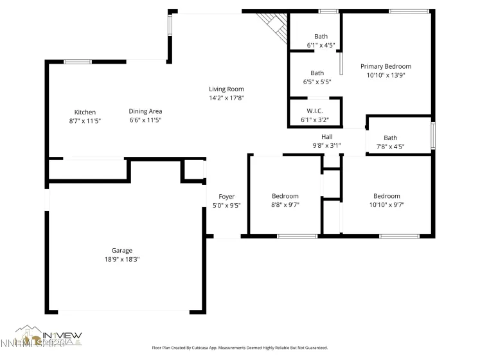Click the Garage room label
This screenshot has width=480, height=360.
[121, 251]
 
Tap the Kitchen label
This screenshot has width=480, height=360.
[85, 112]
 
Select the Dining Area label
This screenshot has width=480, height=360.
[145, 111]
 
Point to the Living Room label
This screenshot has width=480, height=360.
[226, 89]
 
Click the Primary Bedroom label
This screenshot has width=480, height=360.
[386, 66]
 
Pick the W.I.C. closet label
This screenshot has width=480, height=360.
[314, 111]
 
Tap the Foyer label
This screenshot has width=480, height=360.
[226, 197]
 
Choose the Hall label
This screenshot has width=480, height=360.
[326, 137]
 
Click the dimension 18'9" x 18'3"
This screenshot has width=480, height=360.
[121, 260]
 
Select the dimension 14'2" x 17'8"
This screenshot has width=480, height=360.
[226, 98]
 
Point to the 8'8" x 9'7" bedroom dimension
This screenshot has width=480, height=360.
[285, 205]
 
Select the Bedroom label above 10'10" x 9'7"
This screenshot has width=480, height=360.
[386, 196]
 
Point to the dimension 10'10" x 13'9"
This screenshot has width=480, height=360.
[386, 75]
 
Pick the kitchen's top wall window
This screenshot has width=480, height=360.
[77, 62]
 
